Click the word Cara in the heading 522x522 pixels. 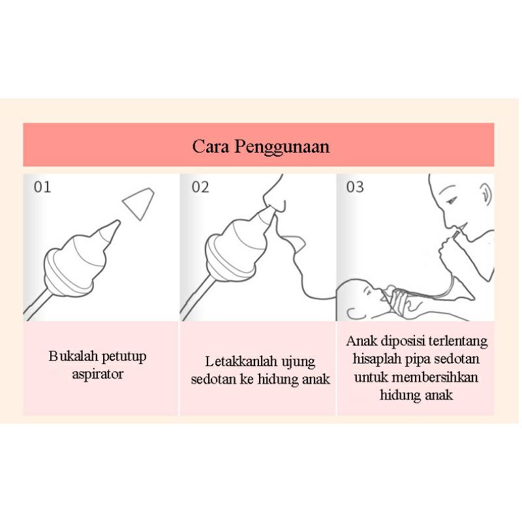211,146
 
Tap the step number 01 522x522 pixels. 42,187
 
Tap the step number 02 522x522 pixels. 200,187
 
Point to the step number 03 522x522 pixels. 355,187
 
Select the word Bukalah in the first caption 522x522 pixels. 74,356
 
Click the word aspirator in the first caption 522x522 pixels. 97,374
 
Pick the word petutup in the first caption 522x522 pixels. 124,356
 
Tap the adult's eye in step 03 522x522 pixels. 452,201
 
